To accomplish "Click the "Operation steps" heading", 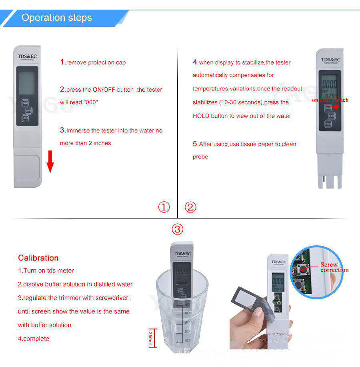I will click(x=56, y=18).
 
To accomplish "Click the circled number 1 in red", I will click(x=164, y=207).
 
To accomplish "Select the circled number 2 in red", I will click(x=190, y=207).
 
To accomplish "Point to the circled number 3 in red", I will click(x=177, y=229).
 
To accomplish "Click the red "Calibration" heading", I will click(x=38, y=258).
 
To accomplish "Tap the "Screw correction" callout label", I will click(x=334, y=267).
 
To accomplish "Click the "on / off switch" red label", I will click(x=330, y=100).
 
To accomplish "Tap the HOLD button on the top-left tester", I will click(x=25, y=118).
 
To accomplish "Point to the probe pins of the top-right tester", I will click(x=329, y=180).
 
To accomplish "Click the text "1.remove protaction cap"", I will click(x=93, y=62).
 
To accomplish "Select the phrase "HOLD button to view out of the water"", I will click(x=242, y=116).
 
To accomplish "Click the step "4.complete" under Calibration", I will click(x=34, y=339).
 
